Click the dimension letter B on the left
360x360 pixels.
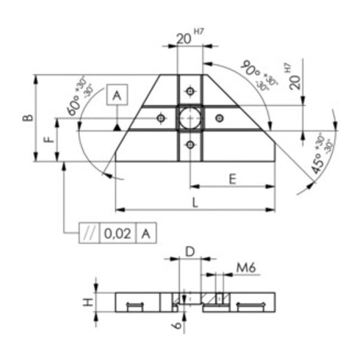(27, 118)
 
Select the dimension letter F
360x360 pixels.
(48, 139)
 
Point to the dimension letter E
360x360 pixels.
(231, 178)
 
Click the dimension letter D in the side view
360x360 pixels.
(189, 252)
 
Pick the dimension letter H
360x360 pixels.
(86, 301)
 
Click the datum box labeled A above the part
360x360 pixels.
(117, 95)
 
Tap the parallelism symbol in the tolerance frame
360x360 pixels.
(89, 234)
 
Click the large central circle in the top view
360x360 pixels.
(190, 118)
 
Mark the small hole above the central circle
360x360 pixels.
(190, 90)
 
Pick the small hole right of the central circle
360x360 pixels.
(218, 118)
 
